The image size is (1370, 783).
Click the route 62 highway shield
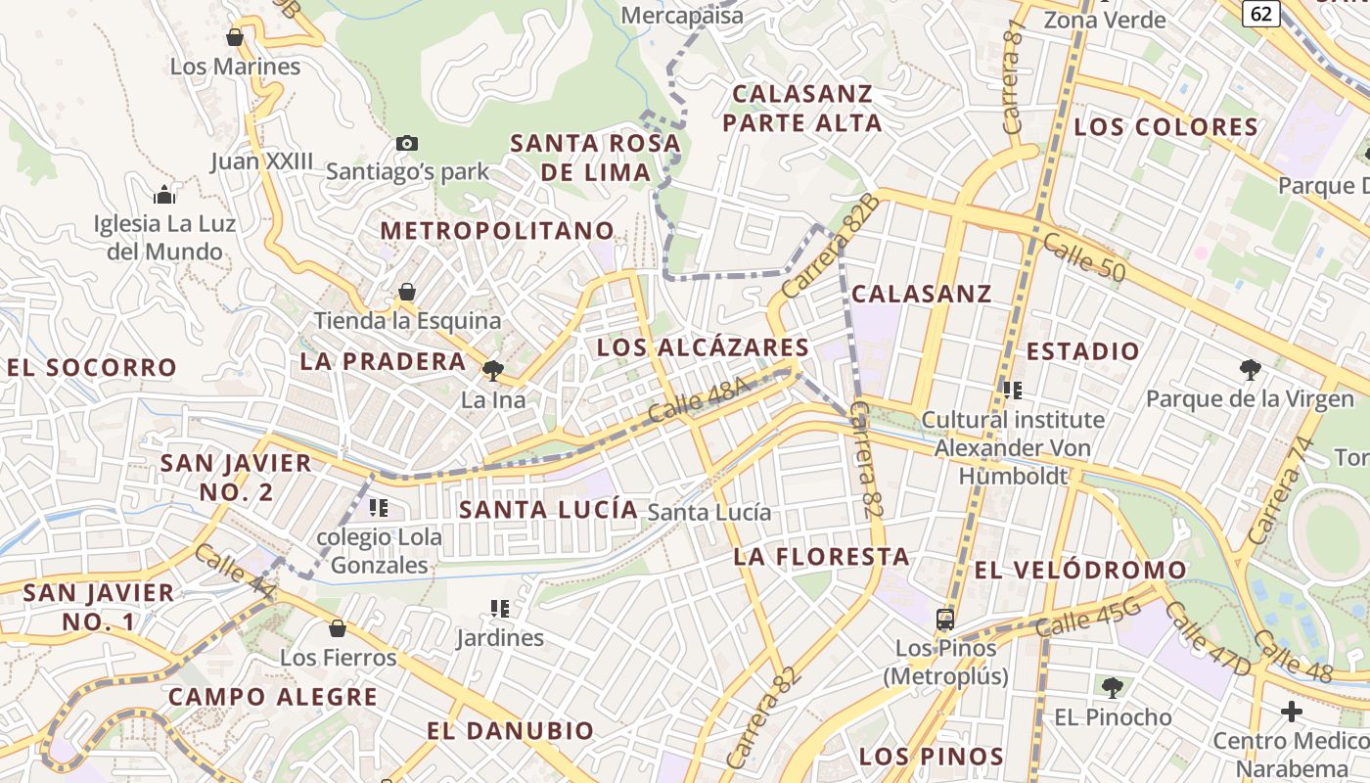point(1262,13)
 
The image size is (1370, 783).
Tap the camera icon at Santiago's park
point(407,144)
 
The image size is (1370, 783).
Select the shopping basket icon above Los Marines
point(235,38)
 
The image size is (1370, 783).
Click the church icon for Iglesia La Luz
point(164,195)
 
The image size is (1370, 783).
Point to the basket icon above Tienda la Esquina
point(407,292)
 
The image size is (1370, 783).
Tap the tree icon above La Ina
point(493,370)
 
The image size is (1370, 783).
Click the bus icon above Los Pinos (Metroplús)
point(945,619)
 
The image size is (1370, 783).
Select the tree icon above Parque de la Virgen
point(1250,369)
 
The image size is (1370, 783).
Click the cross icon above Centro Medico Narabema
point(1292,711)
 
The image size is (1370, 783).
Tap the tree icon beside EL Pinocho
point(1112,687)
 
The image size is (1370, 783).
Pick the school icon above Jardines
point(500,609)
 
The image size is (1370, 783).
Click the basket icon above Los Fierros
point(338,628)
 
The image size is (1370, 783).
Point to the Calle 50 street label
point(1083,256)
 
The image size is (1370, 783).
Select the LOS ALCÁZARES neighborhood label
point(703,347)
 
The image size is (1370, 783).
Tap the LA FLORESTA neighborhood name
point(822,557)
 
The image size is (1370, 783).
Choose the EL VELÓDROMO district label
point(1080,570)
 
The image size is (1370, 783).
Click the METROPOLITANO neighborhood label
point(497,231)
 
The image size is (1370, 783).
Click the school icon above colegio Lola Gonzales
point(379,508)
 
